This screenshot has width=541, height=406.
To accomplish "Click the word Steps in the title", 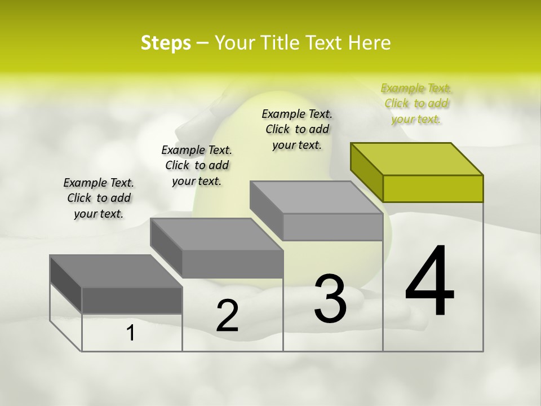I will click(166, 43).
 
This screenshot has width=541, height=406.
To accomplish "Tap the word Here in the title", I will click(369, 43).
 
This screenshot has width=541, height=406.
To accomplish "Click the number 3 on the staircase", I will click(330, 299).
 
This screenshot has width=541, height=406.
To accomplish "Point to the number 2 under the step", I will click(227, 316).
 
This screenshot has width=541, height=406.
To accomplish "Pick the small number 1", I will click(131, 333).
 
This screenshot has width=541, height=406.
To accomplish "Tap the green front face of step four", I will click(433, 188).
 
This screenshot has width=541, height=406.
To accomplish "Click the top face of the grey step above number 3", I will click(316, 197).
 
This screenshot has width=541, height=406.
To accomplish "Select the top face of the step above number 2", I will click(216, 235).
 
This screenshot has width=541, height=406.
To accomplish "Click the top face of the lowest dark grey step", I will click(116, 271).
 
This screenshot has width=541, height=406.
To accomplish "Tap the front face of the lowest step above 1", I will click(132, 300).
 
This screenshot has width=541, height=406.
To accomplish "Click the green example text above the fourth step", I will click(416, 103).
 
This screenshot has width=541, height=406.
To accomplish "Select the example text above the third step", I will click(297, 129).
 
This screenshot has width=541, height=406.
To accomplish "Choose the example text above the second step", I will click(197, 165).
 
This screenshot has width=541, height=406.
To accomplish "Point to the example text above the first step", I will click(99, 198).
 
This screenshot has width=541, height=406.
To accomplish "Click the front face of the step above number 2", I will click(232, 264).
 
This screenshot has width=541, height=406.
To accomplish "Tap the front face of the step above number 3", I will click(332, 227).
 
